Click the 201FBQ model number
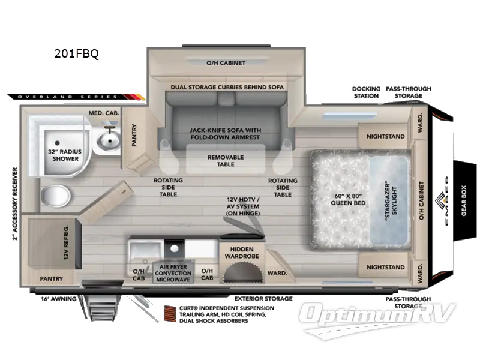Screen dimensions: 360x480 76,53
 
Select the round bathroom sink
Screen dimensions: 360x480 109,142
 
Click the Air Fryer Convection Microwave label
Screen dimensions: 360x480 173,273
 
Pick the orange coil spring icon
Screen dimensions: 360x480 171,314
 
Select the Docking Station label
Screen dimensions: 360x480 365,92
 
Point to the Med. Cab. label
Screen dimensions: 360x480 104,112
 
